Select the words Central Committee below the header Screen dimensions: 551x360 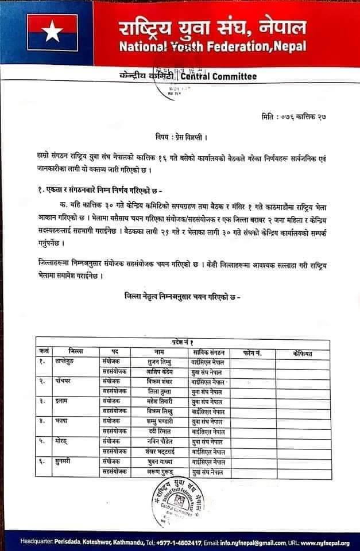click(219, 76)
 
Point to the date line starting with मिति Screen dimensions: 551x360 click(293, 117)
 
